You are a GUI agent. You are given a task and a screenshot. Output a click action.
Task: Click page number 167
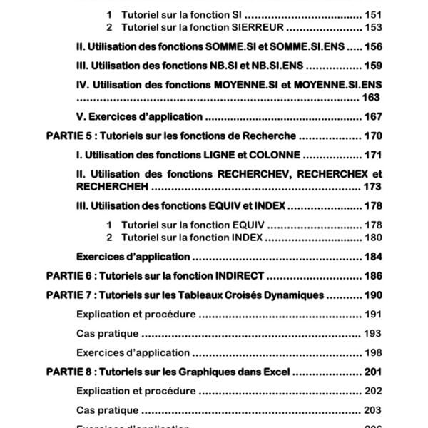pos(373,116)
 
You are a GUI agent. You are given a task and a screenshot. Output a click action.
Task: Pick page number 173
pos(373,186)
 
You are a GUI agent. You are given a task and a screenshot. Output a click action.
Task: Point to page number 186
pos(373,275)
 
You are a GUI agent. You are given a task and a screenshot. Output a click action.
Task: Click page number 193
pos(373,333)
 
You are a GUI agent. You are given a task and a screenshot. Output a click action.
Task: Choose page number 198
pos(373,352)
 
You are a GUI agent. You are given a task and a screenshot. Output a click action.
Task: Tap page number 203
pos(373,410)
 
